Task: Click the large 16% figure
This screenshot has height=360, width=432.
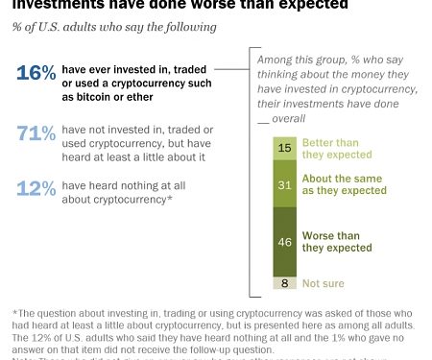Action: point(36,73)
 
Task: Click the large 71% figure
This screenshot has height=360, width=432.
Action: point(36,134)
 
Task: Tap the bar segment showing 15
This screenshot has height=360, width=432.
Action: point(284,147)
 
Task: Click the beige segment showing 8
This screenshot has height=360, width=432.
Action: point(284,283)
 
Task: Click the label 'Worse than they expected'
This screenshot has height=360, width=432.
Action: point(337,241)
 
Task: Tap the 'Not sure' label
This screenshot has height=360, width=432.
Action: point(324,283)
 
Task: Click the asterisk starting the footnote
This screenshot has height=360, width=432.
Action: point(15,312)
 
